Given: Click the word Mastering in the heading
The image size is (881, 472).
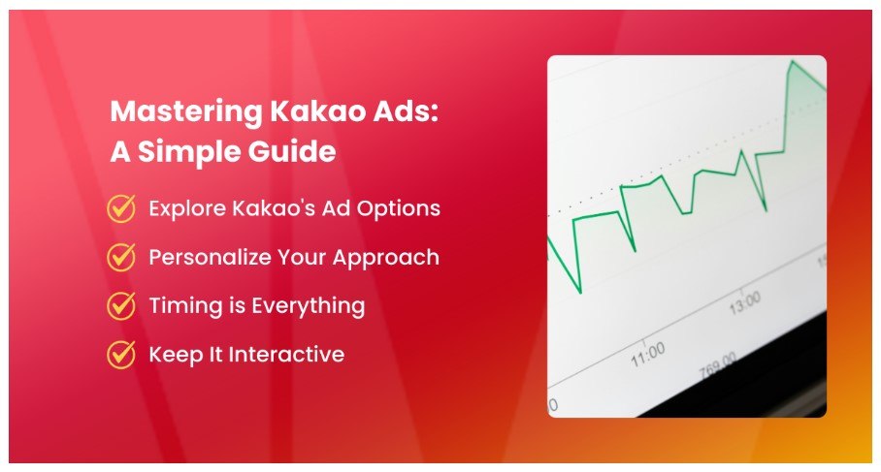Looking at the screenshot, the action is coord(186,112).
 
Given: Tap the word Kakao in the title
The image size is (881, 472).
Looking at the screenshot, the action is coord(318,110).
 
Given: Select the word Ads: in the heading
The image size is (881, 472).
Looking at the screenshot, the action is coord(406,110).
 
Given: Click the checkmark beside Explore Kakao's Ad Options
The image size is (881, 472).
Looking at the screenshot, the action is coord(121,208).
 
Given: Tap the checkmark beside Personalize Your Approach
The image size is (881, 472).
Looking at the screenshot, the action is coord(121,257).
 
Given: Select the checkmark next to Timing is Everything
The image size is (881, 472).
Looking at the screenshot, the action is coord(121,306).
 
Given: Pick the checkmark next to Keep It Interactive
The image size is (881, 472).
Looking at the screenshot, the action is coord(121,355).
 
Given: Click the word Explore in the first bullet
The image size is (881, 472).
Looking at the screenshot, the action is coord(187,209).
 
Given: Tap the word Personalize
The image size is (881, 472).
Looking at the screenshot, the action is coord(209,257).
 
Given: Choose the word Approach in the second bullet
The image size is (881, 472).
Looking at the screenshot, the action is coord(386,258).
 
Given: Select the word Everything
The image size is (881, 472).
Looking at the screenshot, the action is coord(308,307).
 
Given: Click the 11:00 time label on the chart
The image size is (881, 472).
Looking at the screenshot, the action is coord(648,354).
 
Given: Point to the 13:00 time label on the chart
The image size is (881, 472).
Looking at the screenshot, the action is coord(745,303).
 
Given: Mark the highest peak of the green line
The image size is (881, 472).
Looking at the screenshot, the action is coord(793,61).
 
